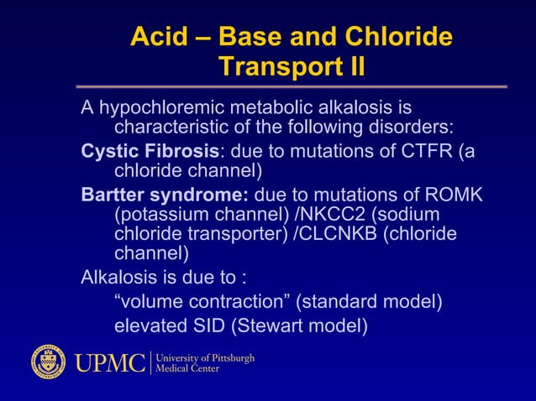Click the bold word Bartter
tap(116, 195)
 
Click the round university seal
tap(48, 362)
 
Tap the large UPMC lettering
tap(108, 362)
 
